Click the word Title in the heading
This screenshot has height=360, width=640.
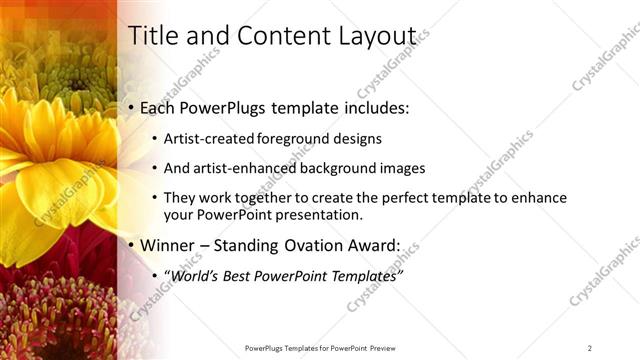point(150,36)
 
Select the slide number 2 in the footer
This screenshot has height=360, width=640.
point(590,347)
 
